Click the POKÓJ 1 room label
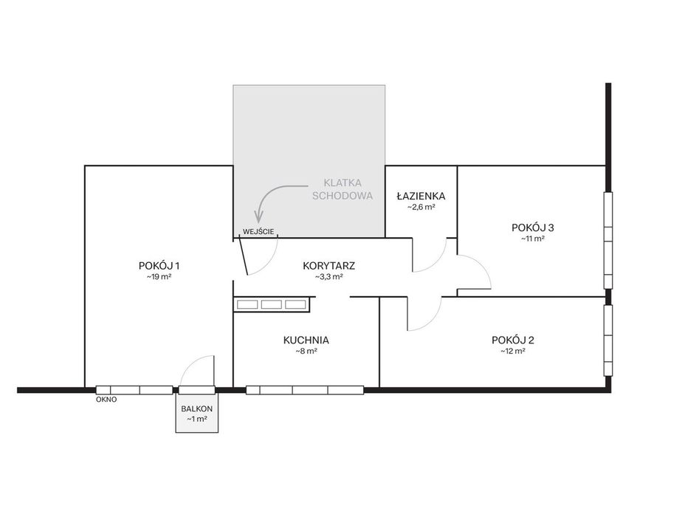[x=159, y=266]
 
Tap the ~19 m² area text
[x=159, y=277]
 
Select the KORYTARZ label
[x=328, y=266]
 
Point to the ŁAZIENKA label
[x=422, y=196]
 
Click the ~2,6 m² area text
[x=422, y=207]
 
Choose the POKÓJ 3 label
[x=533, y=227]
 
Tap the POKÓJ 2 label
[x=513, y=340]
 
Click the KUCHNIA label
[x=306, y=340]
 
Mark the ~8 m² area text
[x=306, y=351]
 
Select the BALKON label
[x=196, y=408]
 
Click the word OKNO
[x=106, y=400]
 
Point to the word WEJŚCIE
[x=258, y=232]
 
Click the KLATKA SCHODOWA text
[x=343, y=189]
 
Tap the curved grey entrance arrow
[x=269, y=193]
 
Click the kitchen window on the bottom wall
[x=305, y=390]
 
